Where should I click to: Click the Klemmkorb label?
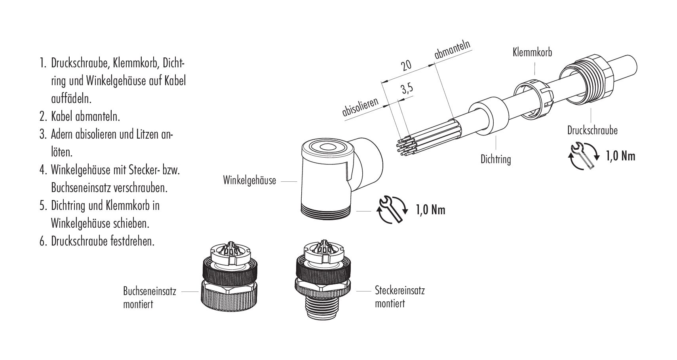pyautogui.click(x=532, y=52)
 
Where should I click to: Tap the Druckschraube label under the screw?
pyautogui.click(x=592, y=130)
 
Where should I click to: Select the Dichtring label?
pyautogui.click(x=495, y=159)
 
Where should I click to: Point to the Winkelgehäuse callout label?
pyautogui.click(x=249, y=181)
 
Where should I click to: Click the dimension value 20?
pyautogui.click(x=407, y=66)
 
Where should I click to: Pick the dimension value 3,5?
pyautogui.click(x=407, y=89)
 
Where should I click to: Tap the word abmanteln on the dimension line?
pyautogui.click(x=453, y=50)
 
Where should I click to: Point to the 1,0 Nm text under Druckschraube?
pyautogui.click(x=620, y=156)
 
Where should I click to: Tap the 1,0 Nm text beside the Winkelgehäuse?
pyautogui.click(x=430, y=210)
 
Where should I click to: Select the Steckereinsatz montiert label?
pyautogui.click(x=399, y=297)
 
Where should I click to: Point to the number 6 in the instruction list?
pyautogui.click(x=43, y=241)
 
